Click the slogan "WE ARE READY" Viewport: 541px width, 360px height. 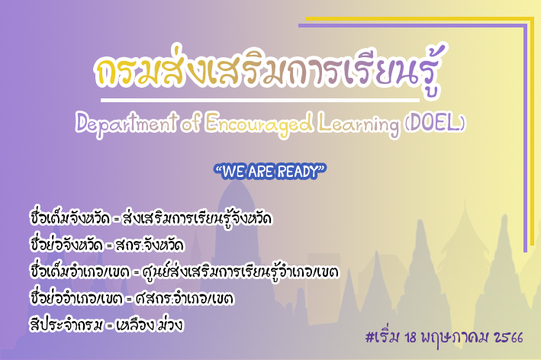pos(270,172)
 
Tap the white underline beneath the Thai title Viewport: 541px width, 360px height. pos(260,101)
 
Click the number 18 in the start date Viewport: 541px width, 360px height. pos(411,338)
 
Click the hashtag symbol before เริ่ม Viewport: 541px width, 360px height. pos(369,337)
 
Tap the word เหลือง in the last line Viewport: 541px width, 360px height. pos(135,325)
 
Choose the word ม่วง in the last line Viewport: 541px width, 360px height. pos(170,324)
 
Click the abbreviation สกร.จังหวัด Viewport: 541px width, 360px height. pos(150,245)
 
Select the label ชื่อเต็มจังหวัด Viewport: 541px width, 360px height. pos(70,218)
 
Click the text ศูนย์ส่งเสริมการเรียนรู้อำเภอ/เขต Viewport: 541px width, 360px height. pos(240,272)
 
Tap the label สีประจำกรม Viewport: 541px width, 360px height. pos(66,325)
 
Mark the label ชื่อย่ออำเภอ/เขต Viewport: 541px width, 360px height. pos(76,297)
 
